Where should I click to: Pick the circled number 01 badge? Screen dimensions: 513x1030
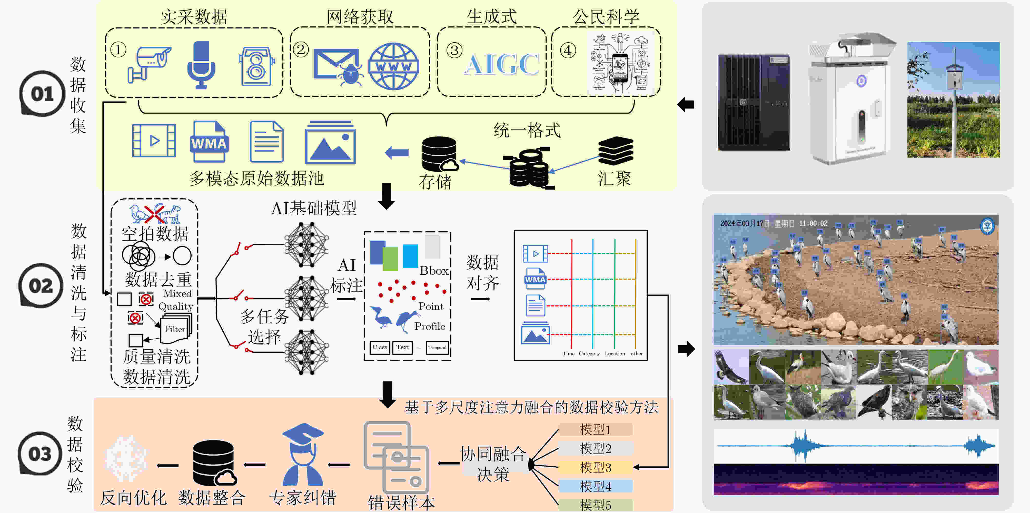(42, 94)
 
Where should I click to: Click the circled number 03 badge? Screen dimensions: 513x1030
(39, 453)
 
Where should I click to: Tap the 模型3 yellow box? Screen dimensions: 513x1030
(595, 467)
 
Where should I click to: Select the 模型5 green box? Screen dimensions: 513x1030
(595, 505)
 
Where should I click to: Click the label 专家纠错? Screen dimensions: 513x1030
(302, 498)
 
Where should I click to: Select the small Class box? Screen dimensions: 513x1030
(379, 347)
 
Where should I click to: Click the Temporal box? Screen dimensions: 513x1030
(437, 348)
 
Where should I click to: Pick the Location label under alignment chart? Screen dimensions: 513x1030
(615, 353)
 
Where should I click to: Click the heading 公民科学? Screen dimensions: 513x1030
(606, 17)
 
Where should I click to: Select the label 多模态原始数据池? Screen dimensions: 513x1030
(256, 178)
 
